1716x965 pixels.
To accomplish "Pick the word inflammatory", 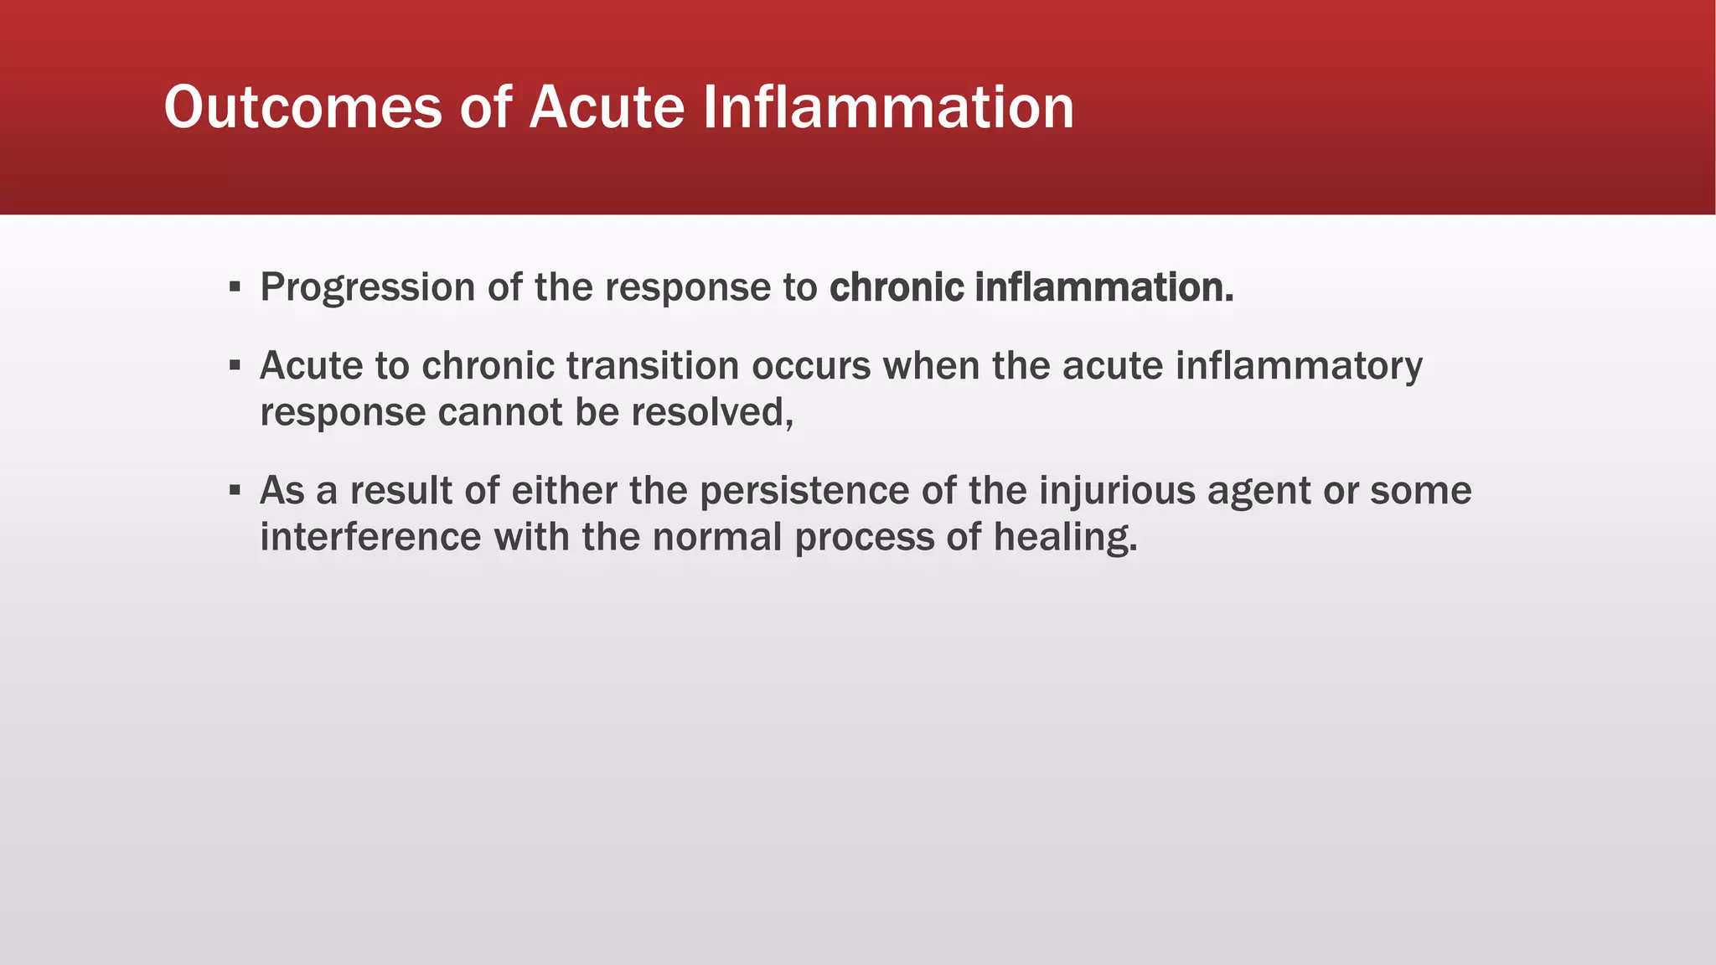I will pos(1298,366).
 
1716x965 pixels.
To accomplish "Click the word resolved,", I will pos(711,412).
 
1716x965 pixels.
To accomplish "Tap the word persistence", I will pos(804,491).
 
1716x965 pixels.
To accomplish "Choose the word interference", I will pos(370,537).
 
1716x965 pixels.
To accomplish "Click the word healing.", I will pos(1066,537).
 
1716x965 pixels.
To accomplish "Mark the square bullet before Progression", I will pos(235,288).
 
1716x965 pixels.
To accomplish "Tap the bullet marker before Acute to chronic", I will pos(235,366).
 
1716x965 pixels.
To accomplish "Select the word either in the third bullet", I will pos(564,491).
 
